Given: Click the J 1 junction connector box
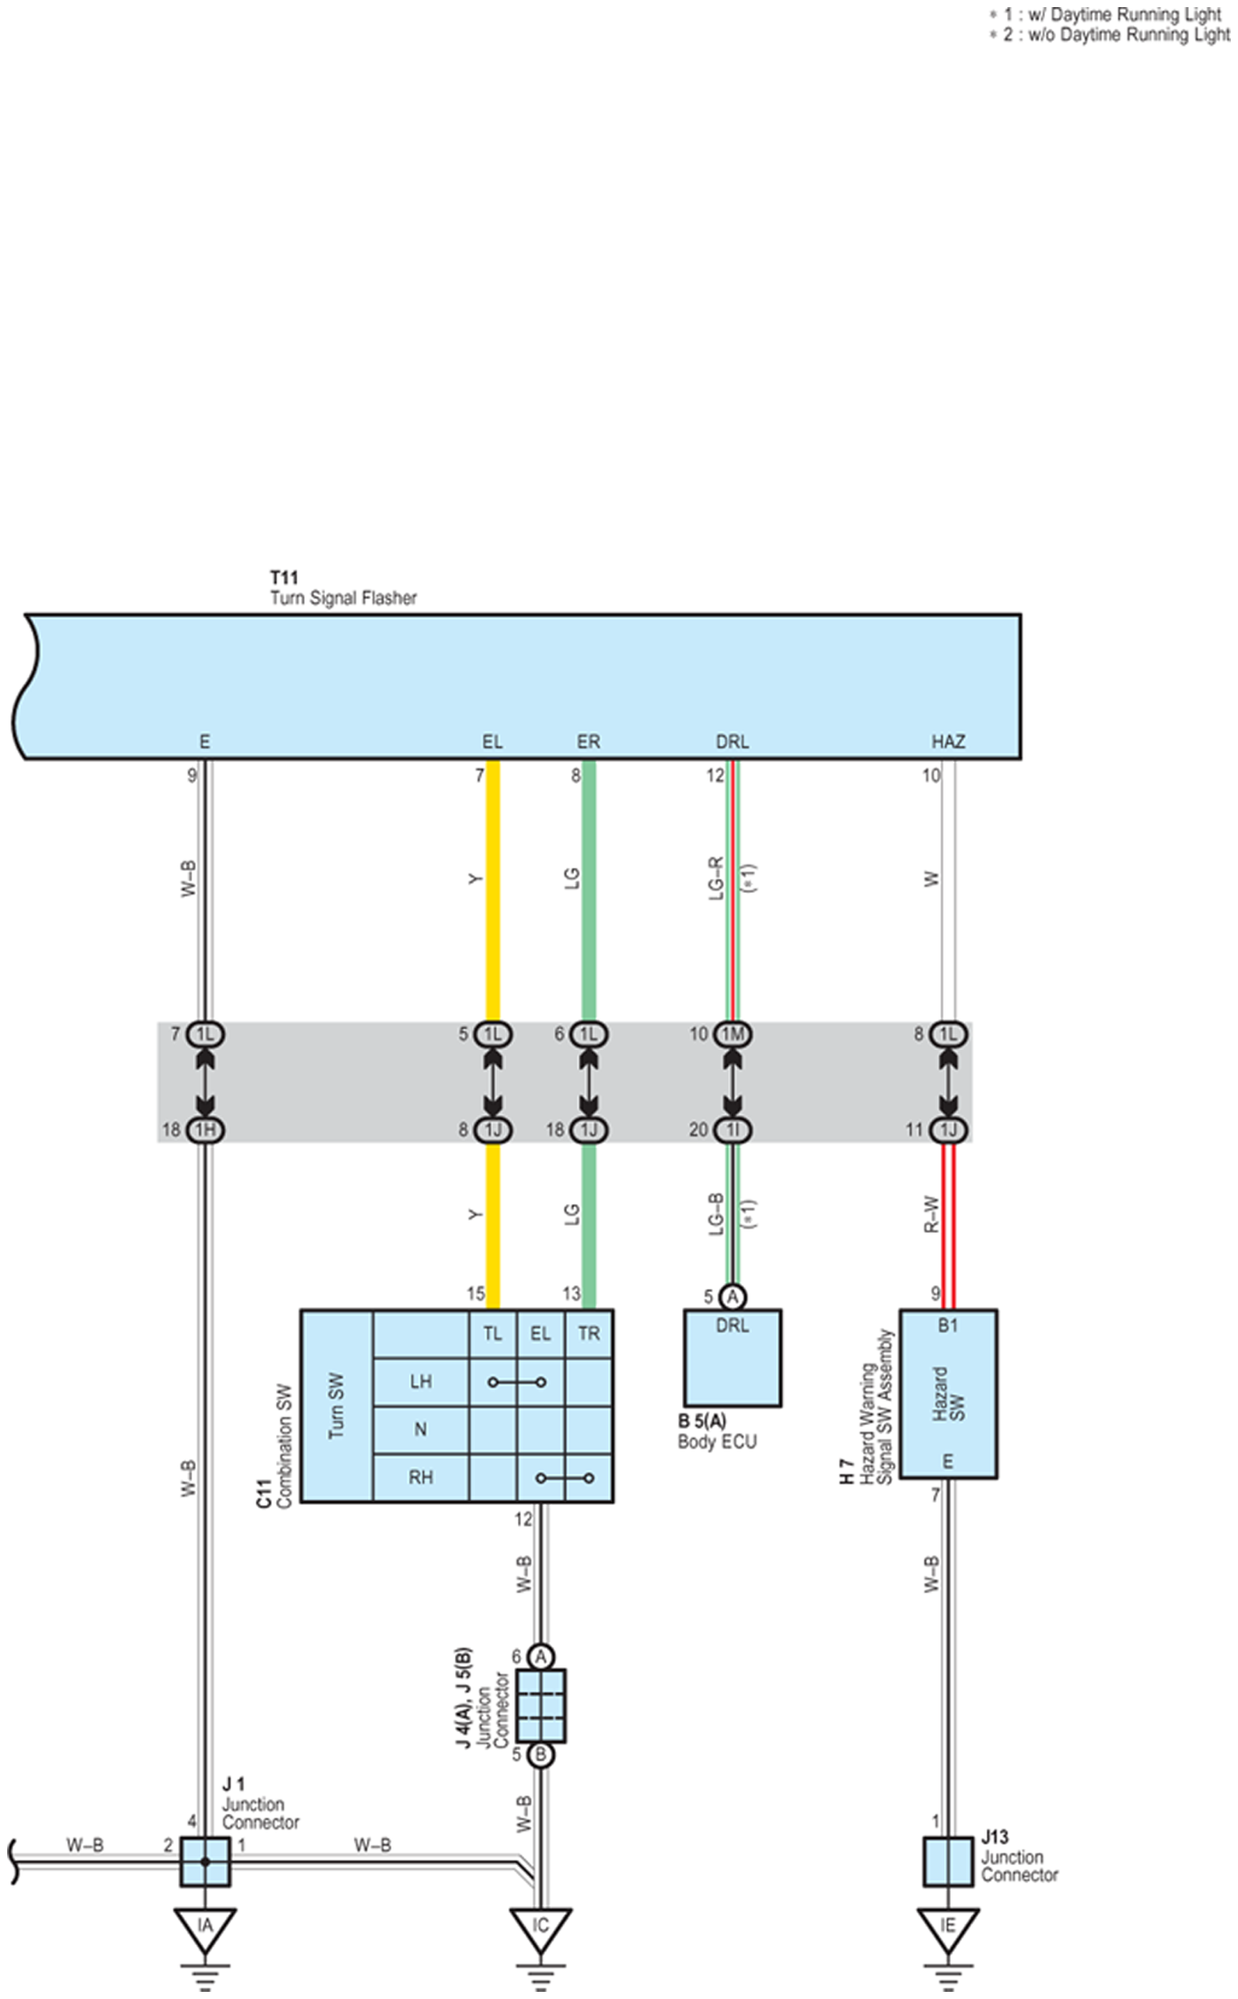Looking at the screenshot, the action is pos(205,1861).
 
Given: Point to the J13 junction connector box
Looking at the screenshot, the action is pos(948,1861).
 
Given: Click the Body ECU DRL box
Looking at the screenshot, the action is pos(733,1358).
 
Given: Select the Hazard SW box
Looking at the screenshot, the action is pos(948,1393).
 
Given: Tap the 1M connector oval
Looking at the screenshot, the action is pos(733,1035).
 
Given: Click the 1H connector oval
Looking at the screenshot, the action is pos(205,1130).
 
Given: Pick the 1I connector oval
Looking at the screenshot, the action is pos(733,1130).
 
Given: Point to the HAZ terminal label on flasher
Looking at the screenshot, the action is pos(948,742).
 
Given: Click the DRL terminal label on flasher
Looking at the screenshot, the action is pos(733,742).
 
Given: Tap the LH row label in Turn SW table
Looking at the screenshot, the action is pos(421,1382).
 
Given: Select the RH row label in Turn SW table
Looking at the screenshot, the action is pos(421,1478).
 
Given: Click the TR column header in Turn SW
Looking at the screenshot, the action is pos(589,1334).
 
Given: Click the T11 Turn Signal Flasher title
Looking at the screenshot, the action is pos(343,588).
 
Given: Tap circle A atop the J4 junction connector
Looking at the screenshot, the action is pos(540,1656).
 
